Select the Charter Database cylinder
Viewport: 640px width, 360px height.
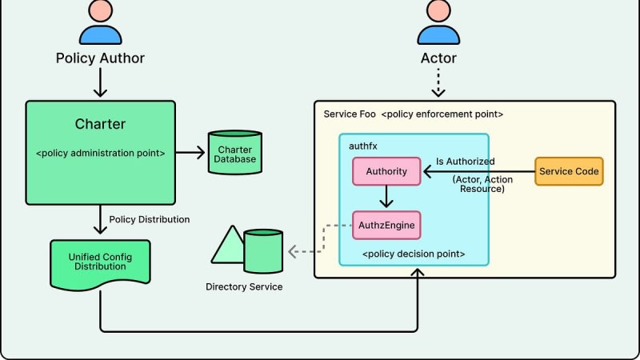pos(234,150)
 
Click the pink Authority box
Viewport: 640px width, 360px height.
pos(386,171)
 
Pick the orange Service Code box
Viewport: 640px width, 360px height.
pos(568,171)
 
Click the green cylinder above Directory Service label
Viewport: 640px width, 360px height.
pos(262,249)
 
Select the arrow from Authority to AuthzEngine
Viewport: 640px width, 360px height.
pos(386,197)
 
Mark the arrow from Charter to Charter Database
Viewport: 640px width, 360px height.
pos(190,150)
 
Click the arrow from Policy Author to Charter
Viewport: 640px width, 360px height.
pos(100,82)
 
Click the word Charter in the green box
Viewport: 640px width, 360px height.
pos(100,125)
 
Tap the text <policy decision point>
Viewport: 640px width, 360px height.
pos(414,254)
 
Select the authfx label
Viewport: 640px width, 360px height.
pos(363,146)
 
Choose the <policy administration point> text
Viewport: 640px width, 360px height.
pos(100,150)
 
